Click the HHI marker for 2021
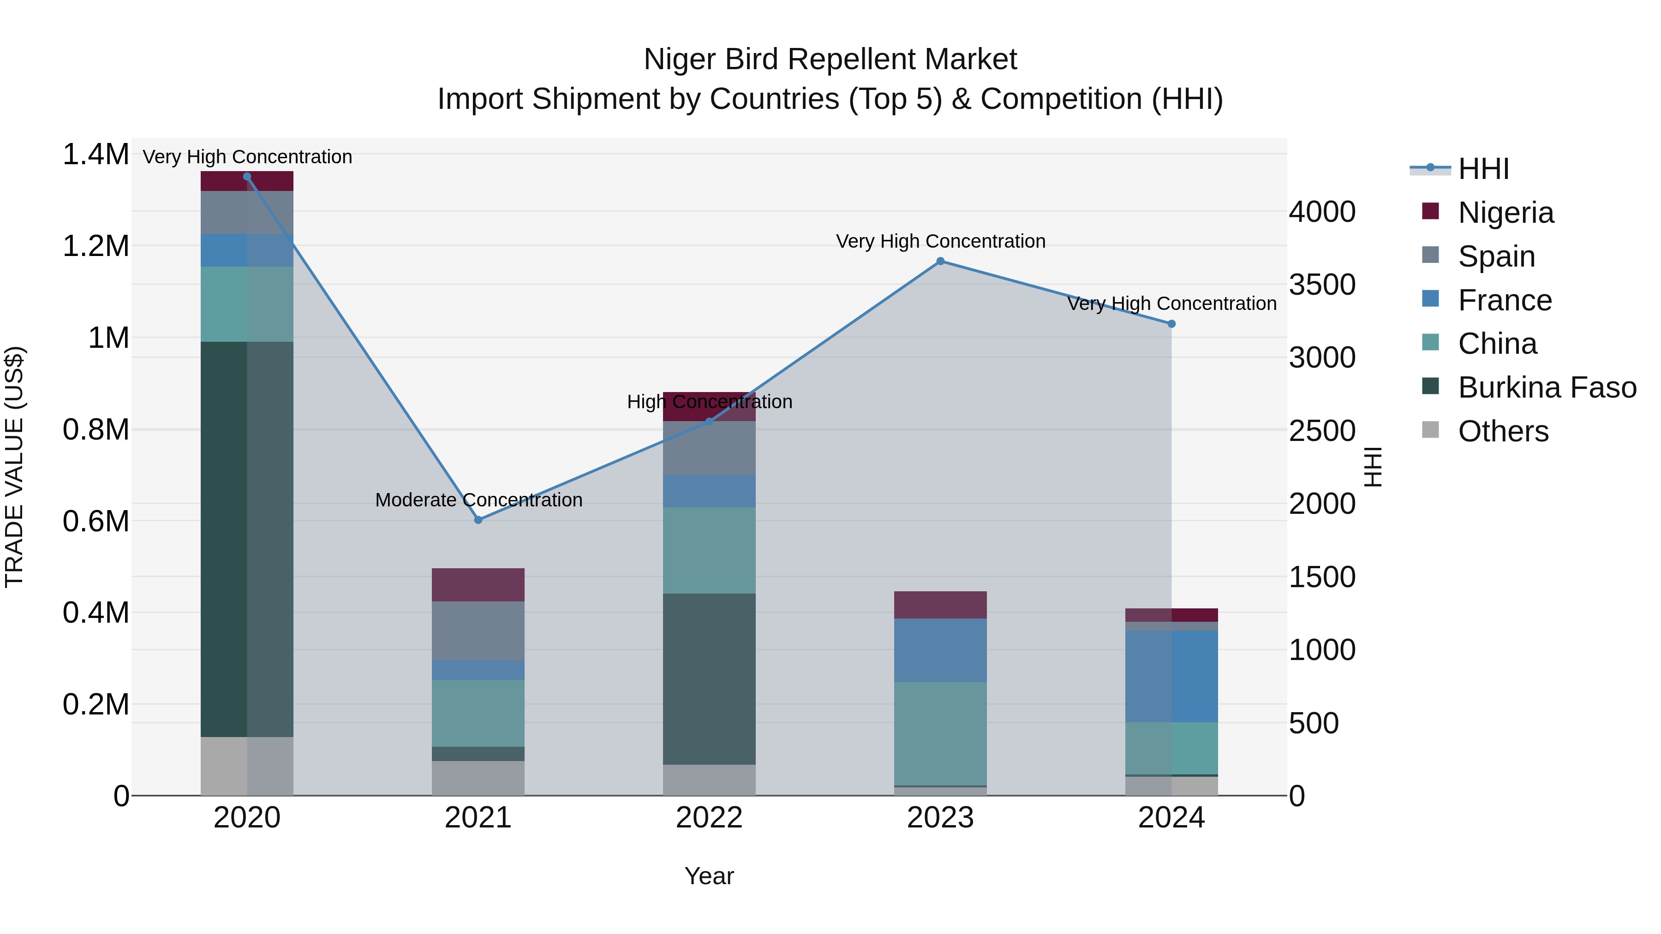click(x=478, y=519)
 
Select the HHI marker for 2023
click(x=940, y=261)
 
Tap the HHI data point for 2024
click(x=1171, y=324)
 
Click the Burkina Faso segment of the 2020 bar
click(x=247, y=539)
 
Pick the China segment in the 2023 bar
click(x=940, y=733)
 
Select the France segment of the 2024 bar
click(x=1171, y=676)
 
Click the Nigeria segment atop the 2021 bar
click(x=478, y=585)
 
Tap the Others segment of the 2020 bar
click(x=247, y=766)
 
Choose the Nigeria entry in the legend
click(x=1505, y=213)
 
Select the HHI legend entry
click(x=1483, y=169)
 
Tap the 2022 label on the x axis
click(x=709, y=818)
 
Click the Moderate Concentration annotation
click(x=478, y=500)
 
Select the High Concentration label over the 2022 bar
click(x=709, y=402)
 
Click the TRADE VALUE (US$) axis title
click(x=14, y=467)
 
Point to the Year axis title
click(x=709, y=876)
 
